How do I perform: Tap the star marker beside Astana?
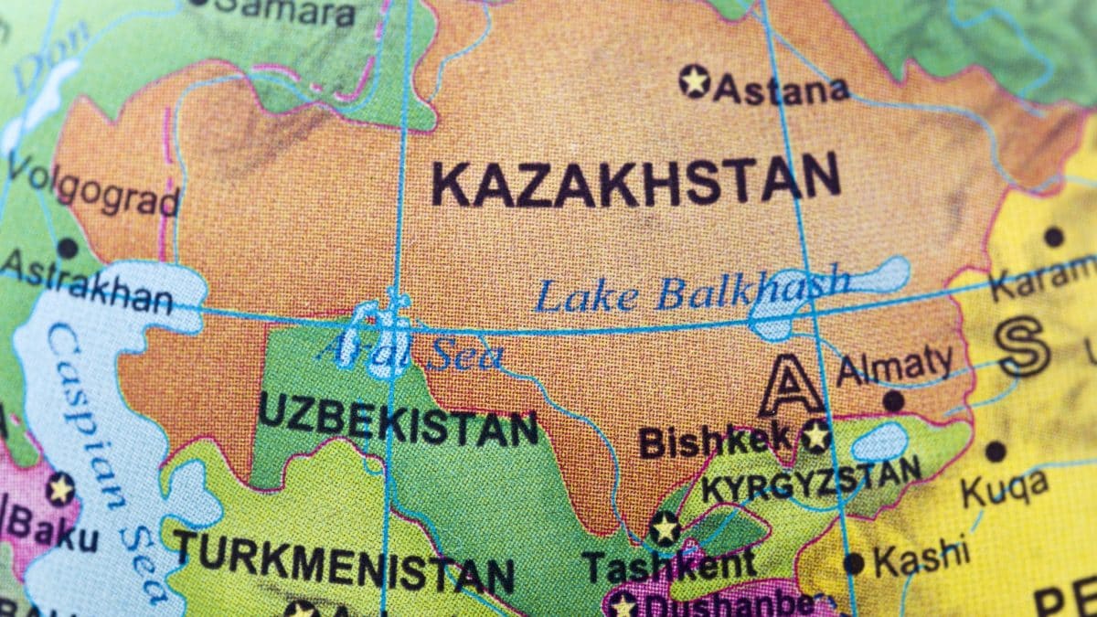[695, 81]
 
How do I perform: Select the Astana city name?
[782, 90]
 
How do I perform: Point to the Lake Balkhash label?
[692, 293]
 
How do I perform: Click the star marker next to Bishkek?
[815, 436]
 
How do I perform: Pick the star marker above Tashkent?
[665, 527]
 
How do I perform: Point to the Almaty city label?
[894, 365]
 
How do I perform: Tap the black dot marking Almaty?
[893, 400]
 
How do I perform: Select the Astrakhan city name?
[87, 287]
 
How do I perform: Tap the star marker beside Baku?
[60, 489]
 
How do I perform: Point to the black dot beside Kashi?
[853, 563]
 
